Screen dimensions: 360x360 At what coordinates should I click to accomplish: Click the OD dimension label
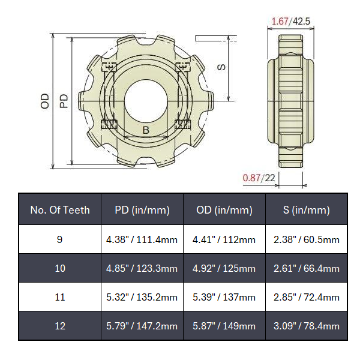pos(45,101)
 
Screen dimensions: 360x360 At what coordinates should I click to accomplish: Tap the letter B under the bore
pos(145,130)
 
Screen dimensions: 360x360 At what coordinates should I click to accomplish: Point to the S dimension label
pos(221,67)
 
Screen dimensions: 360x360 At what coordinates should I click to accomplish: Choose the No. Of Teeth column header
pos(60,210)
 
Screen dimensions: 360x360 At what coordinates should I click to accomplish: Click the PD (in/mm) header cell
pos(142,210)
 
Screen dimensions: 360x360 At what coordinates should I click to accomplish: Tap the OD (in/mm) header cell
pos(224,210)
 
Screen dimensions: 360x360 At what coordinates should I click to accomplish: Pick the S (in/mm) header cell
pos(307,210)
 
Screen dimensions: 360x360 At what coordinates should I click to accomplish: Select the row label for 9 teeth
pos(60,239)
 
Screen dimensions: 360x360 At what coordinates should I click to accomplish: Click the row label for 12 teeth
pos(60,326)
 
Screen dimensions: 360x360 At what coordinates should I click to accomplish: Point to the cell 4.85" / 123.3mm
pos(142,268)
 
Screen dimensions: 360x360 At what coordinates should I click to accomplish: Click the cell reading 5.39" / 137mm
pos(224,297)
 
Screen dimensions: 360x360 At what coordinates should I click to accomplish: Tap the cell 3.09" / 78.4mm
pos(307,326)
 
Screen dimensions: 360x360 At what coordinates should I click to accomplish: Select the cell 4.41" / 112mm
pos(224,239)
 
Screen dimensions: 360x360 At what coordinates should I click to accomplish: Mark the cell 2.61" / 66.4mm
pos(307,268)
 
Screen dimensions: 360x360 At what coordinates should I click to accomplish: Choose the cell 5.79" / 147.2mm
pos(142,326)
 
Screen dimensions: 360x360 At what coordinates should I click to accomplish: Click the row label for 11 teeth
pos(60,297)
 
